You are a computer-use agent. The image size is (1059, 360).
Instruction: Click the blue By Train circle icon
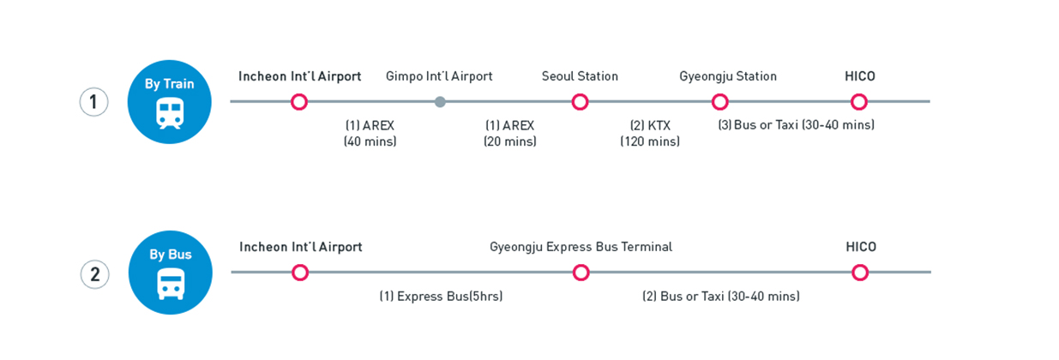pos(169,102)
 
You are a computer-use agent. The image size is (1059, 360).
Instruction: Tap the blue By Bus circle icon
pos(170,273)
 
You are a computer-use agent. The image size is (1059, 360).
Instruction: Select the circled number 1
pos(93,102)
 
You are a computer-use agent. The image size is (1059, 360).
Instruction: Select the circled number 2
pos(94,274)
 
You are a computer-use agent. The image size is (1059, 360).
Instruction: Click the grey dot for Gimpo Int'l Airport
pos(440,102)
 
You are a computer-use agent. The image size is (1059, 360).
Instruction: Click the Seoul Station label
pos(580,76)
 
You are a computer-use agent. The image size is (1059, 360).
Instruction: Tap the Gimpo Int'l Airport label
pos(439,76)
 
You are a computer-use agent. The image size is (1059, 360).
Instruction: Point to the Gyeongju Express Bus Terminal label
pos(581,247)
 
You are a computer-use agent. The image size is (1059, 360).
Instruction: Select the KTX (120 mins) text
pos(650,133)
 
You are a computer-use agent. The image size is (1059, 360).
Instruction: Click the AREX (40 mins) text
pos(370,133)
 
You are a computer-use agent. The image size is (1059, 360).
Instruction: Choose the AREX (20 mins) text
pos(509,133)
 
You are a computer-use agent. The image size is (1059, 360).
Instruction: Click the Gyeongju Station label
pos(728,76)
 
